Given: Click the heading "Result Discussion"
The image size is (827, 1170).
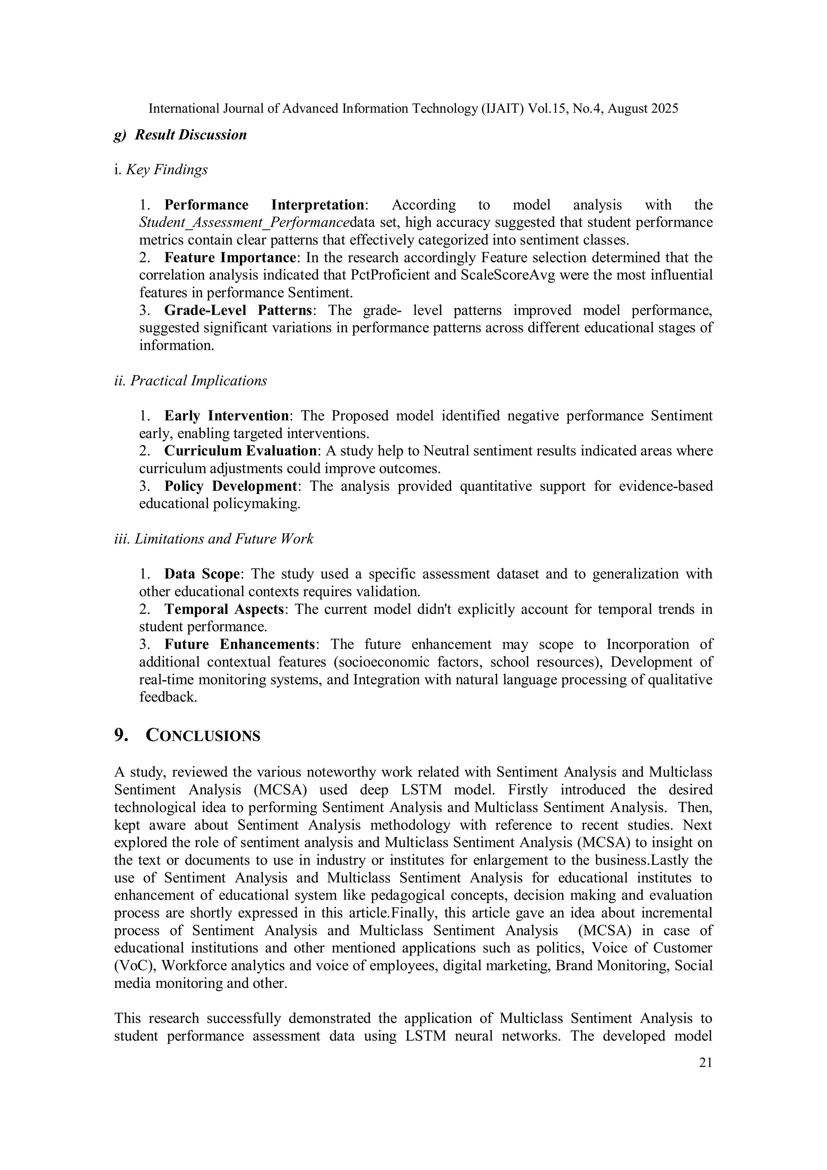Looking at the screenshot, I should pyautogui.click(x=191, y=135).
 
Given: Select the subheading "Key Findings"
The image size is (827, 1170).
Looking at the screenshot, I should pyautogui.click(x=167, y=170).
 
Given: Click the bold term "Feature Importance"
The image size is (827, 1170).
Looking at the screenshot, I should pyautogui.click(x=230, y=258).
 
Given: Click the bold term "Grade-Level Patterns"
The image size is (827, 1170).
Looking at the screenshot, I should pyautogui.click(x=238, y=310).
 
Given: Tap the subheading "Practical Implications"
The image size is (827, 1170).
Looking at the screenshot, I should pyautogui.click(x=198, y=381).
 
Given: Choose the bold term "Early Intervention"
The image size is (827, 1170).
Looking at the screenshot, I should pyautogui.click(x=226, y=416).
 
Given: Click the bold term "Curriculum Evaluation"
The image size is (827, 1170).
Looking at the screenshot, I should pyautogui.click(x=240, y=451).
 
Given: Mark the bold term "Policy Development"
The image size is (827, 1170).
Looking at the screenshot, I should pyautogui.click(x=230, y=486).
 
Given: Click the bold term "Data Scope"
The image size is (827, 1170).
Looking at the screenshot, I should pyautogui.click(x=202, y=574).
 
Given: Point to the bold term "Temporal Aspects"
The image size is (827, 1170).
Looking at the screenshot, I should pyautogui.click(x=224, y=609).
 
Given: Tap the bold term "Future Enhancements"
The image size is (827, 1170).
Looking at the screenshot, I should pyautogui.click(x=239, y=644).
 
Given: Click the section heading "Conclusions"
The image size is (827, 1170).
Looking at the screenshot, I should pyautogui.click(x=203, y=736).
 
